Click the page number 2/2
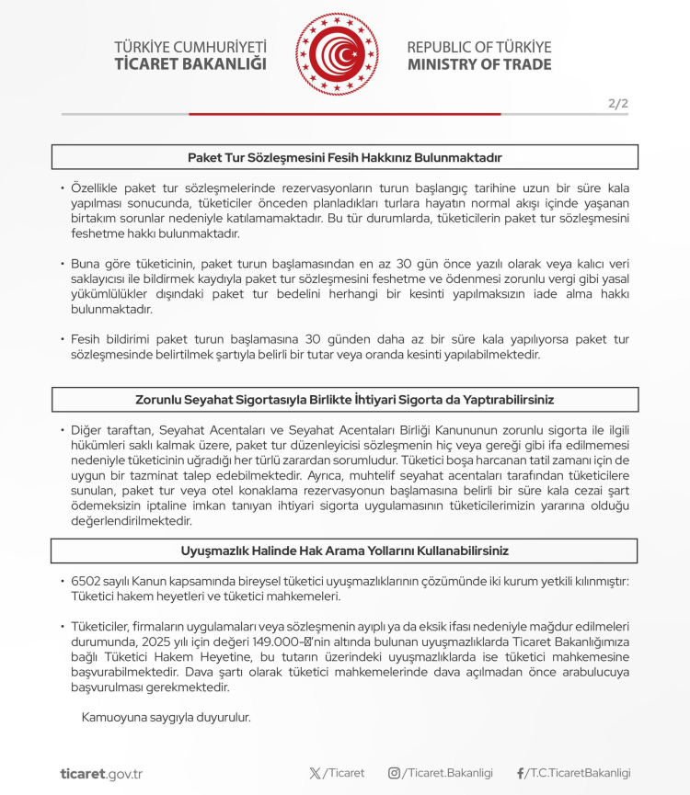coord(618,103)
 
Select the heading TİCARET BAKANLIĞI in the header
coord(190,64)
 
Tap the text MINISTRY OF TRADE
coord(479,64)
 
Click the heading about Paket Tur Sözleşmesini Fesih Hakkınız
coord(345,157)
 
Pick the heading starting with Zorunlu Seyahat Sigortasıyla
coord(345,400)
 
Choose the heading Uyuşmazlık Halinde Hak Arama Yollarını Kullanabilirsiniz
coord(345,551)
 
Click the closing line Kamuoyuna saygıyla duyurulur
coord(166,717)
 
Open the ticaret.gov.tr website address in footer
coord(101,774)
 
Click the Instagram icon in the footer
coord(394,773)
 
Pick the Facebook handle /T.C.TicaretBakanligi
coord(579,773)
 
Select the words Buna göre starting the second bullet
coord(99,263)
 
